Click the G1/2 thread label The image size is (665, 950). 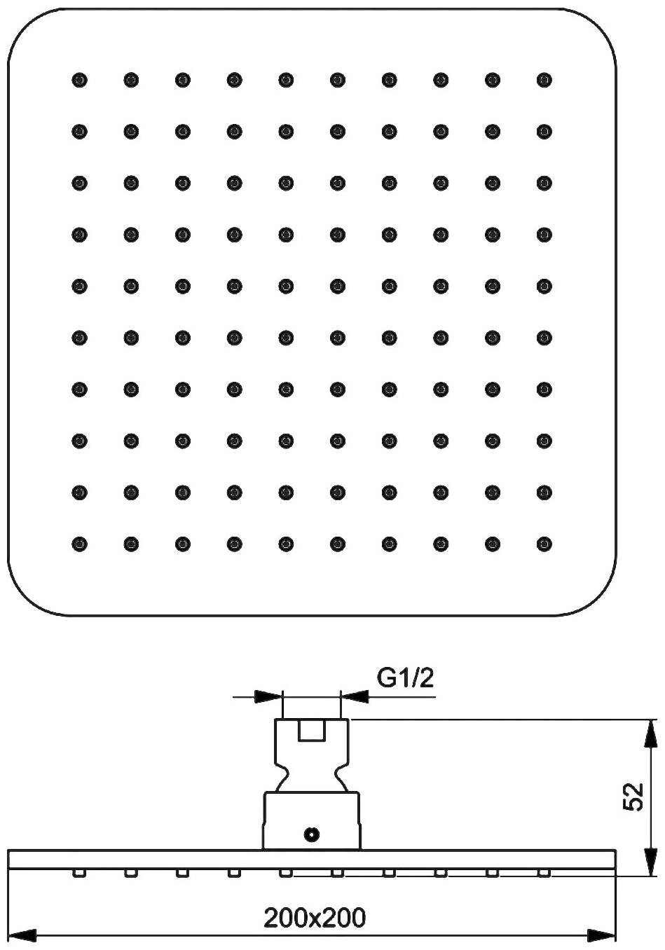(x=406, y=677)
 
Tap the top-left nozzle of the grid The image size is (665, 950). (x=79, y=79)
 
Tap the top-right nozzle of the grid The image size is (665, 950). (x=544, y=79)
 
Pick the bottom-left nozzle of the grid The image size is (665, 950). (x=79, y=543)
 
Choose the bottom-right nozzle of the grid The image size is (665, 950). (x=544, y=543)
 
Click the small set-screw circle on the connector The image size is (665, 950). (x=312, y=834)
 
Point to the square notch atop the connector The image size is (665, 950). (x=312, y=731)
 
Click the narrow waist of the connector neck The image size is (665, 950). (x=312, y=776)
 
